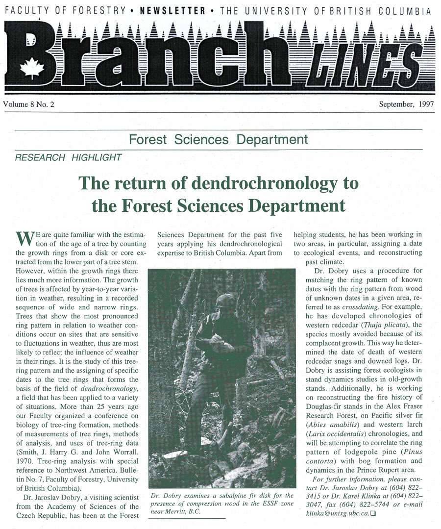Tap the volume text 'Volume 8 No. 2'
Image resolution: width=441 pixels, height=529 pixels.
click(x=28, y=104)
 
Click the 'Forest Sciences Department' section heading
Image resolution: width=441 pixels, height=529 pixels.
click(x=218, y=140)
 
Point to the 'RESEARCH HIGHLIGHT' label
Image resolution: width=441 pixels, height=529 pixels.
click(x=68, y=158)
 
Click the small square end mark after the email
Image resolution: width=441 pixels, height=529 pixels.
click(x=374, y=513)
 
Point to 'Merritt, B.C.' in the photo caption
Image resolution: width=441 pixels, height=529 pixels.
click(x=177, y=511)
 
